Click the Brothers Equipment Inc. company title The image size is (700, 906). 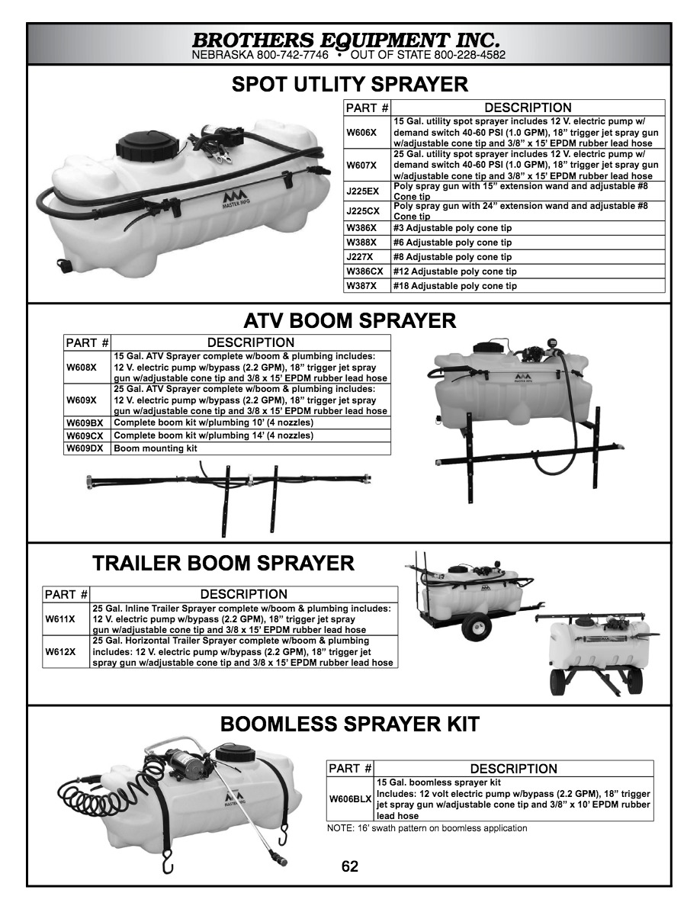pos(346,39)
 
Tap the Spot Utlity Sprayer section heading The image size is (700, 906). pos(349,84)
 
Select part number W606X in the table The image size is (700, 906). pos(361,132)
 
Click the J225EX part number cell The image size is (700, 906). pos(362,191)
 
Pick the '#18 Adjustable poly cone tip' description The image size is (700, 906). pos(455,286)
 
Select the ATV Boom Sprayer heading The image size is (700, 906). pos(349,320)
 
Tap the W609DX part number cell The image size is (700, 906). pos(84,448)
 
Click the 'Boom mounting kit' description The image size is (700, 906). pos(156,448)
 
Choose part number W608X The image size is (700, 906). pos(82,367)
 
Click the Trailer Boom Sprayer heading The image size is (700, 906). pos(223,564)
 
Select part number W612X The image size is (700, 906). pos(60,652)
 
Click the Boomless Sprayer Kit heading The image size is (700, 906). pos(349,724)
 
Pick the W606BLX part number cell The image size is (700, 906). pos(350,799)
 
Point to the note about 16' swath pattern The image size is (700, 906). pos(426,828)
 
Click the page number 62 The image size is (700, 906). pos(350,866)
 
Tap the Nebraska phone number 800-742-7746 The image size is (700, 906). pos(293,56)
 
